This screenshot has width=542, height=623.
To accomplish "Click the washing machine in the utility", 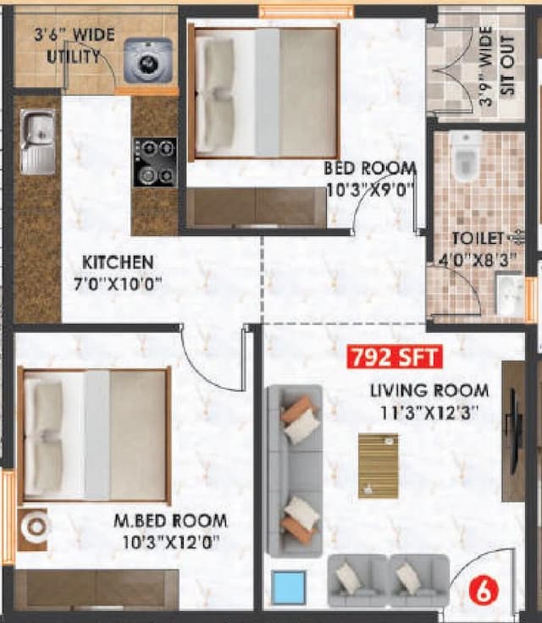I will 147,60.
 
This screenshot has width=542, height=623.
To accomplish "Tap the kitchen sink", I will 37,141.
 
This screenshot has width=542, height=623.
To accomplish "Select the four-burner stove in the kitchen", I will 155,162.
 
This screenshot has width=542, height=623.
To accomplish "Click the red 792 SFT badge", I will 395,356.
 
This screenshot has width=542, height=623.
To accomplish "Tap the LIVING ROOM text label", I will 429,390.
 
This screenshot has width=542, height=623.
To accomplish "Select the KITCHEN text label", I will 118,262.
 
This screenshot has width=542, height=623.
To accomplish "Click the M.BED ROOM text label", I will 170,520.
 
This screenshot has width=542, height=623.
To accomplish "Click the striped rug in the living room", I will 378,466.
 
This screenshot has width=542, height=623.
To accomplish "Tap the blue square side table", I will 289,587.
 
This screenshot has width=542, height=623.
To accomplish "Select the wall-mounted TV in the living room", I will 514,432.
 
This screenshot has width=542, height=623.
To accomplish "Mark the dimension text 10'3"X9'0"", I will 371,189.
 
